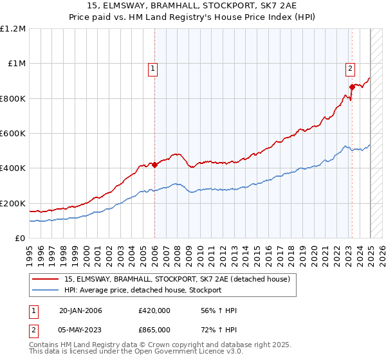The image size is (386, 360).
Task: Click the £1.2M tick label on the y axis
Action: (x=13, y=29)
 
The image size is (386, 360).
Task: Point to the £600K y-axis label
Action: (x=13, y=134)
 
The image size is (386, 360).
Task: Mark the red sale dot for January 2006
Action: (x=155, y=165)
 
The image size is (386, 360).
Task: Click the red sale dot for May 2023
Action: (x=352, y=87)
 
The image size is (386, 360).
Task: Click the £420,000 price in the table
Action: (x=154, y=311)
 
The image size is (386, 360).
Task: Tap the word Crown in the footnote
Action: (x=142, y=345)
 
